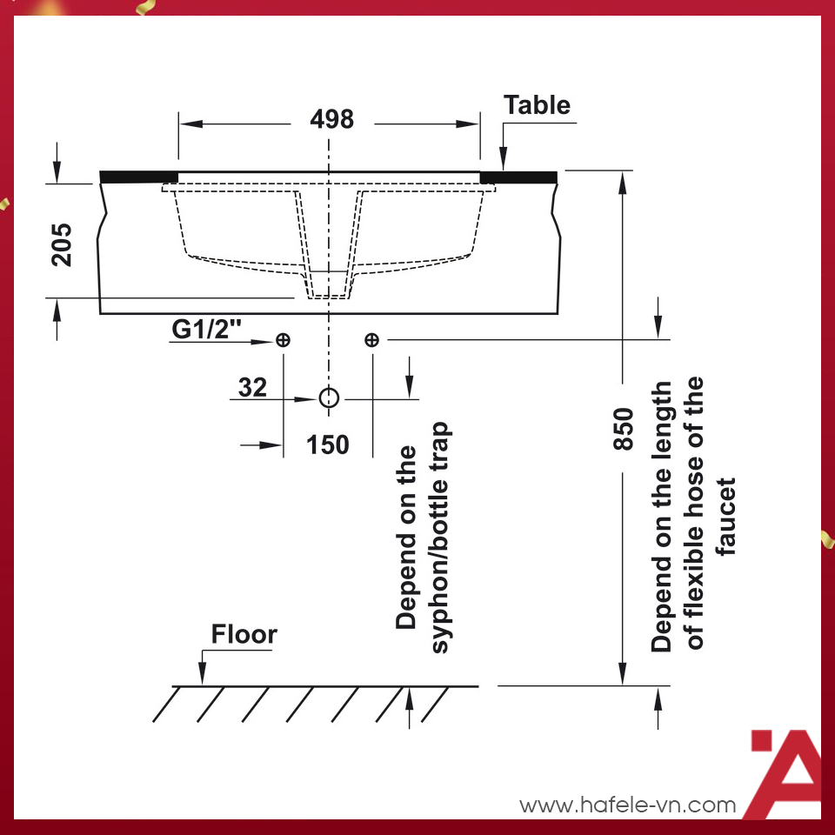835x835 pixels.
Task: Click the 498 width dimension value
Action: point(331,119)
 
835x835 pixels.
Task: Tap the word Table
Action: point(538,105)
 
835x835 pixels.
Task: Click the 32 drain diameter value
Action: point(252,387)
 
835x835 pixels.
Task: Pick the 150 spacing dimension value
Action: point(328,444)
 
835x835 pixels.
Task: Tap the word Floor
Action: point(244,634)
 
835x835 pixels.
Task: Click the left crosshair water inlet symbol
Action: point(283,340)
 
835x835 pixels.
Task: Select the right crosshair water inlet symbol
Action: point(371,340)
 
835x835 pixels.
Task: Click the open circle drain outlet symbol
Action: point(328,398)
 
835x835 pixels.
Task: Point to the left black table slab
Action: point(139,177)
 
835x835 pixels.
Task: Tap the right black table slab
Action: point(518,177)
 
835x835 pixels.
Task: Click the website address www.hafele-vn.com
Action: point(628,805)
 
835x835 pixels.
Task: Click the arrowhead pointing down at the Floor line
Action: point(202,676)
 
